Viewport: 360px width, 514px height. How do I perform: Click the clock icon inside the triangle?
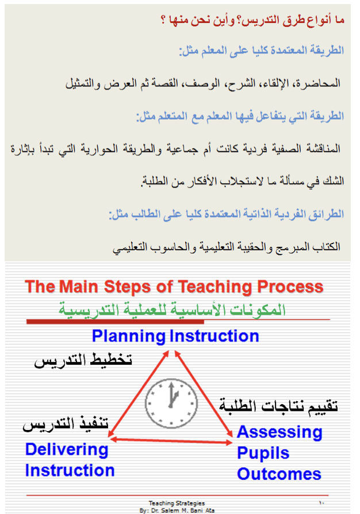pos(171,403)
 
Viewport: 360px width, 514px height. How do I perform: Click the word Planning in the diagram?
pos(129,336)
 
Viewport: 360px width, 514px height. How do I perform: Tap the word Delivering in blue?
pos(67,450)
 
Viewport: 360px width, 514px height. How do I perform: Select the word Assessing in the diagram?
pos(279,432)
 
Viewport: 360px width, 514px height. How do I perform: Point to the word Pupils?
pos(263,454)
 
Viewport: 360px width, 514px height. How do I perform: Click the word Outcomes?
pos(279,474)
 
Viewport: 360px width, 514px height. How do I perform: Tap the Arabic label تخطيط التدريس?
pos(83,360)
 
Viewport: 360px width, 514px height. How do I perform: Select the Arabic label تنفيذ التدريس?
pos(66,423)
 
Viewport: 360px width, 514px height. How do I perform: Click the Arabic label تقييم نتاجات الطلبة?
pos(278,406)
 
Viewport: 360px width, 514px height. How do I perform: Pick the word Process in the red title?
pos(290,287)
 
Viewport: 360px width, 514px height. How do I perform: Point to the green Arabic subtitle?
pos(173,310)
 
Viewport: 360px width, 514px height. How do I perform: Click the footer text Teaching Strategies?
pos(177,503)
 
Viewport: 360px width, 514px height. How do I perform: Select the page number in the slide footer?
pos(321,502)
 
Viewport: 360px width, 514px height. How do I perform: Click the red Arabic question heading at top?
pos(252,20)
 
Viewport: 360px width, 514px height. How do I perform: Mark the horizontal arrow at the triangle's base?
pos(170,440)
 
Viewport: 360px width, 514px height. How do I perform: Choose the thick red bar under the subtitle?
pos(116,322)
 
